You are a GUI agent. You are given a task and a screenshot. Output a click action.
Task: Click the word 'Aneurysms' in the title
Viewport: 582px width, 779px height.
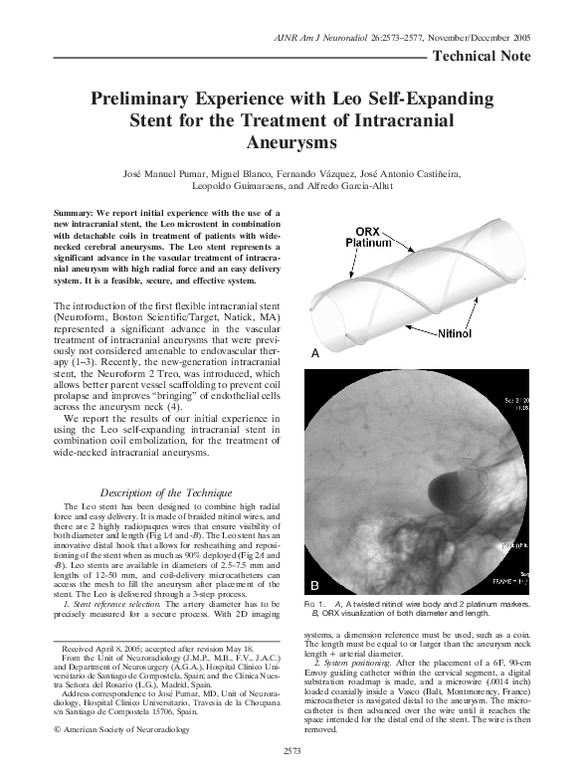pos(291,142)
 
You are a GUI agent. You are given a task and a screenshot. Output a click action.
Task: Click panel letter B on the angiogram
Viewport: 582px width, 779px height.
pos(315,582)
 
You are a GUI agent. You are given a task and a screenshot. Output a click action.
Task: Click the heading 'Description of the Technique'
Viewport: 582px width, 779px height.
pos(159,492)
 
